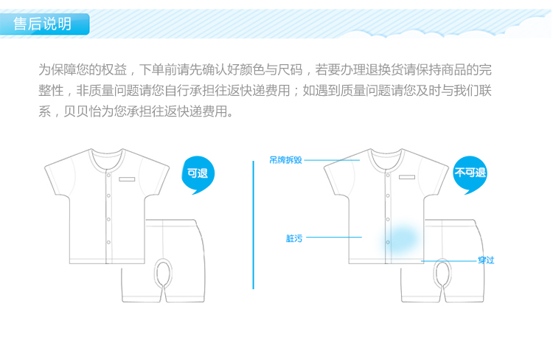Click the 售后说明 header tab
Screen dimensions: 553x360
pos(44,24)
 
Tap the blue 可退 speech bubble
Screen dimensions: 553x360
pos(197,175)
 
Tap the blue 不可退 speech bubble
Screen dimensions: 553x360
pos(470,174)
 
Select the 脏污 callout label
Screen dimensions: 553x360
pos(293,238)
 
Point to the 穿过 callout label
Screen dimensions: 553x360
pos(485,260)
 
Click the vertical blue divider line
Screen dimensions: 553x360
pos(253,225)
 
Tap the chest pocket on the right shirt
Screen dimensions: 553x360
pos(410,179)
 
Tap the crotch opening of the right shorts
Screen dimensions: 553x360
pos(442,272)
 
